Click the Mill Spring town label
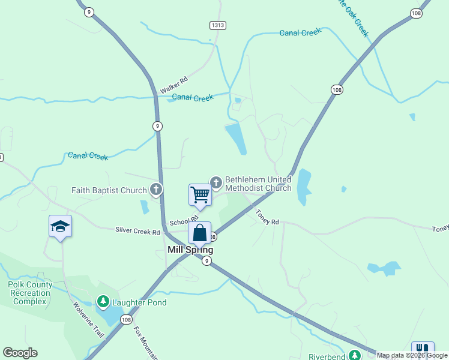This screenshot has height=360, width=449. point(191,250)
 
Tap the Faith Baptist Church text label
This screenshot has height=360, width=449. point(109,191)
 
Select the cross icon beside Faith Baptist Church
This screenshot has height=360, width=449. point(156,190)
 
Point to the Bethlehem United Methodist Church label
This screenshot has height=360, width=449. point(258,184)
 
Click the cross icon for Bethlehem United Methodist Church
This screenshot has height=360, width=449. point(216,181)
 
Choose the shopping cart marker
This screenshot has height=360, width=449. point(200,194)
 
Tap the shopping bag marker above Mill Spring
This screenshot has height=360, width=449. point(200,233)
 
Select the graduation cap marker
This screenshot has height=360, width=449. point(60,226)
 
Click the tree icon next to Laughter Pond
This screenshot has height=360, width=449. point(103,301)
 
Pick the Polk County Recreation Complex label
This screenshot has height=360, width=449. point(30,293)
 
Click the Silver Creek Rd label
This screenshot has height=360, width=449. point(137,231)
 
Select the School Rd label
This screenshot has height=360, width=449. point(184,221)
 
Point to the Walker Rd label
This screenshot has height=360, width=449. point(174,85)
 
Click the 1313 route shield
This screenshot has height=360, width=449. point(218,25)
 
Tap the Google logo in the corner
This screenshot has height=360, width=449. point(20,353)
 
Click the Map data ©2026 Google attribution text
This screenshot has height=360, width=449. point(412,355)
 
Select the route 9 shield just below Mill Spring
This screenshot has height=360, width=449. point(206,260)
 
